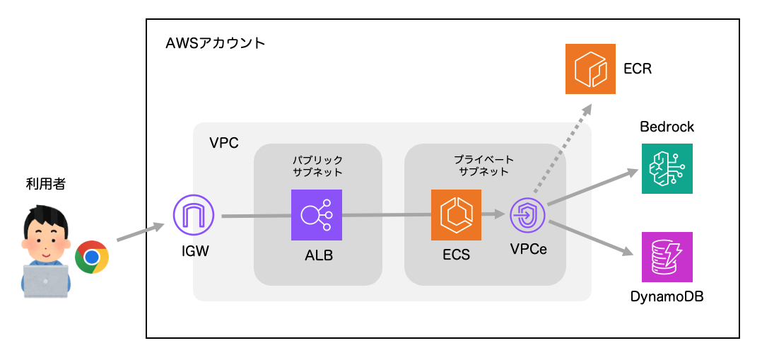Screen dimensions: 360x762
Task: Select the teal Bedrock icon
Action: pos(667,168)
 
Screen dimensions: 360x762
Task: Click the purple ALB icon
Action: pos(316,215)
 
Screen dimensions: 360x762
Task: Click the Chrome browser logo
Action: pos(92,257)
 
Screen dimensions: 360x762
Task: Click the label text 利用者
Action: pos(45,185)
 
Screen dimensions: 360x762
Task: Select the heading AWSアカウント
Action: pos(215,43)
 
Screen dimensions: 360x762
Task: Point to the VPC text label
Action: pos(224,143)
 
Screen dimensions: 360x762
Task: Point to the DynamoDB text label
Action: pos(667,296)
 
